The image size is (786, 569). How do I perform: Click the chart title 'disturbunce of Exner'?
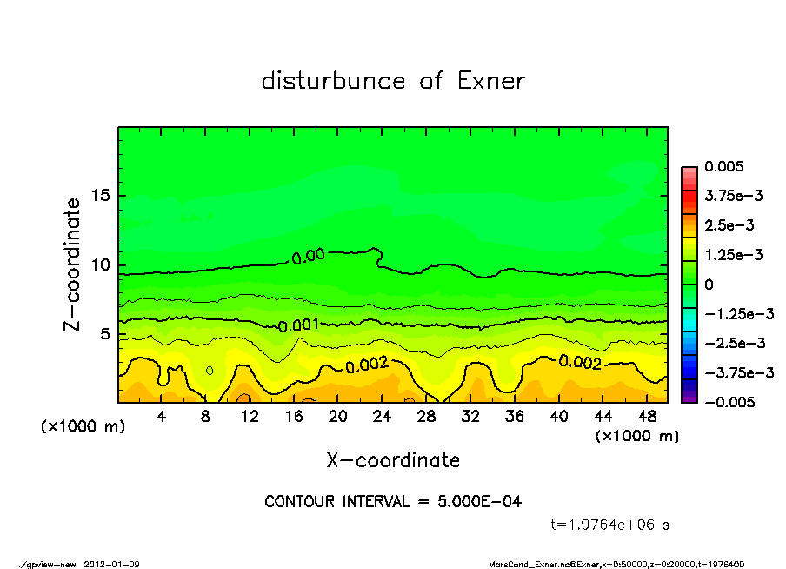pyautogui.click(x=393, y=81)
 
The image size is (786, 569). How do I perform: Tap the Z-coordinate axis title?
pyautogui.click(x=73, y=264)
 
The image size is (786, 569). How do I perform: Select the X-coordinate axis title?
pyautogui.click(x=393, y=459)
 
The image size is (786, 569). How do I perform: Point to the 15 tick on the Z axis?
pyautogui.click(x=100, y=196)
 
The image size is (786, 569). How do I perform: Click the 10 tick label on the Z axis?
pyautogui.click(x=100, y=264)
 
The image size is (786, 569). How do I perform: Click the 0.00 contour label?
pyautogui.click(x=309, y=256)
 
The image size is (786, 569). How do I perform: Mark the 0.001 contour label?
pyautogui.click(x=298, y=325)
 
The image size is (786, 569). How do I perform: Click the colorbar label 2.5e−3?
pyautogui.click(x=730, y=225)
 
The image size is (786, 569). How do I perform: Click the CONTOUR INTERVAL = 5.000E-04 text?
pyautogui.click(x=393, y=502)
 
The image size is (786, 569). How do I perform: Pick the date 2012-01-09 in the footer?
pyautogui.click(x=112, y=564)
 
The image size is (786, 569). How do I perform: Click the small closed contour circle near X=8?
pyautogui.click(x=210, y=370)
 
